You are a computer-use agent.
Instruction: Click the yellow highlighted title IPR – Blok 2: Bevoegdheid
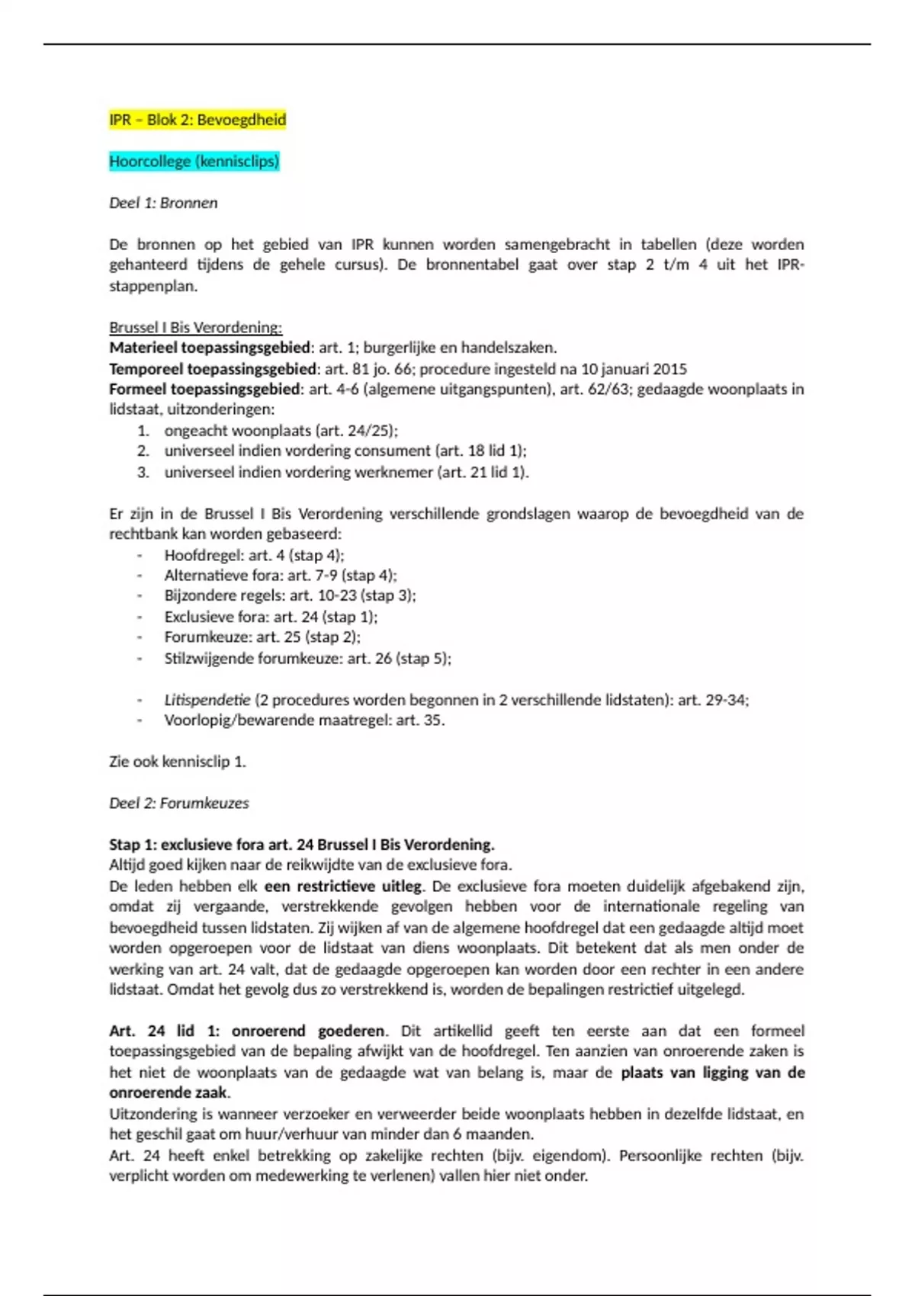coord(197,120)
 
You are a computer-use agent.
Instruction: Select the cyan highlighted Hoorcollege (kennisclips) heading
coord(194,161)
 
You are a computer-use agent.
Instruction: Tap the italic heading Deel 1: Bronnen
coord(163,203)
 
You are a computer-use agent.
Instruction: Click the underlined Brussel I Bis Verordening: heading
coord(195,327)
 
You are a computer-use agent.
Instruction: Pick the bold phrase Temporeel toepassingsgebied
coord(213,369)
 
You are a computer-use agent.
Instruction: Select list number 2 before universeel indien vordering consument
coord(143,451)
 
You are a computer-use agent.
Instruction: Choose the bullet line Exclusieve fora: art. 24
coord(271,617)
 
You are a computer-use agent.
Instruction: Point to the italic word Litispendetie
coord(207,700)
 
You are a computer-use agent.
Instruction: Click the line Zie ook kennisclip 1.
coord(177,762)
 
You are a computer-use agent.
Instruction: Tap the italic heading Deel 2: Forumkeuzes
coord(178,803)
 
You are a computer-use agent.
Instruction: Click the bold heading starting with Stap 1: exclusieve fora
coord(301,845)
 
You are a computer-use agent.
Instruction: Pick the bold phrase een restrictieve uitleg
coord(342,886)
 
